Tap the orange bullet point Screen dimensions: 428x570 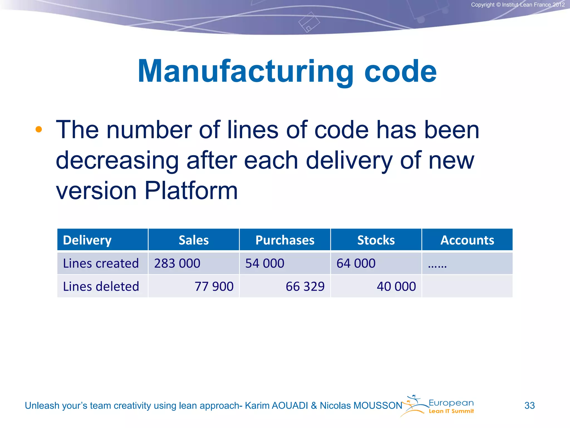39,129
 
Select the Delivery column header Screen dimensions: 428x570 87,240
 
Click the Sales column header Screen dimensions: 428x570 194,240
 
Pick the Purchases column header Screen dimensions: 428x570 285,240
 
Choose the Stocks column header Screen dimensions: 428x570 376,240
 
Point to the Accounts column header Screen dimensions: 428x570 467,240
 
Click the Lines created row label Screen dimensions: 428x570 101,263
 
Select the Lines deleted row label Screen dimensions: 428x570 101,286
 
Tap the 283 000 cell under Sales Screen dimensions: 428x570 177,263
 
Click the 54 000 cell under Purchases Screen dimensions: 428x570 265,263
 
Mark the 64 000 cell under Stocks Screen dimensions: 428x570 356,263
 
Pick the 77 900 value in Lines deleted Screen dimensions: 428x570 214,286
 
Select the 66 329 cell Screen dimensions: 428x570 305,286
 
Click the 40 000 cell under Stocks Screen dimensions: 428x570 396,286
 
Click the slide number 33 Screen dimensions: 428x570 529,405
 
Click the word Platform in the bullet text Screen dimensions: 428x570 191,191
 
